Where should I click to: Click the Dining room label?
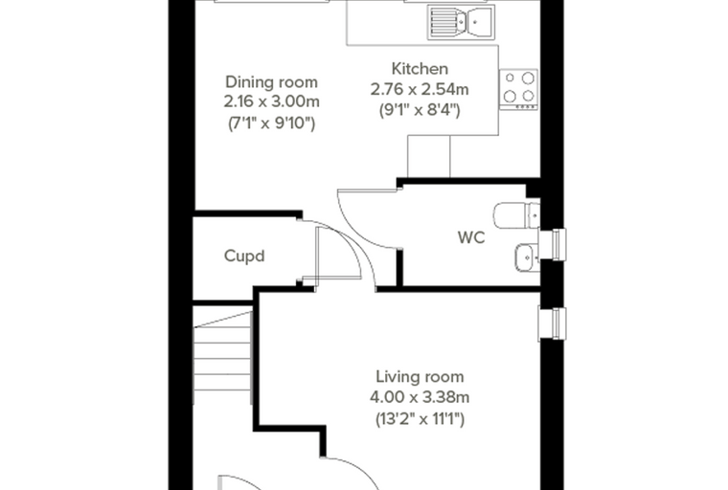click(272, 82)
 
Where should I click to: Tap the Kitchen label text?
click(420, 69)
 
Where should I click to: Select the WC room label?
click(471, 237)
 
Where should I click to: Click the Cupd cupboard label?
click(244, 256)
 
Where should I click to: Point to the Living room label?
click(420, 377)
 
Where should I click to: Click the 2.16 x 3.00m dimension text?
click(272, 101)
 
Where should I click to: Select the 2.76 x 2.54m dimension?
click(420, 89)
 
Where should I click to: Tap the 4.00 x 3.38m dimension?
click(420, 398)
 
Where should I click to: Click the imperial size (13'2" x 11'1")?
click(420, 419)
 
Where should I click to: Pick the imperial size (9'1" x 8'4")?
click(420, 110)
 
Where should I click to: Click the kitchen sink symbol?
click(461, 21)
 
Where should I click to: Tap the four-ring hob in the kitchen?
click(518, 90)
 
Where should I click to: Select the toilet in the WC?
click(516, 215)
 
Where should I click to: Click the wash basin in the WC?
click(527, 257)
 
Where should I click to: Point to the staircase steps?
click(223, 358)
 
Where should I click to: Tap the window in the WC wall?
click(553, 245)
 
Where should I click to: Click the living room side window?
click(553, 323)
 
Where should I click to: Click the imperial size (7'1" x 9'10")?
click(272, 123)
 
